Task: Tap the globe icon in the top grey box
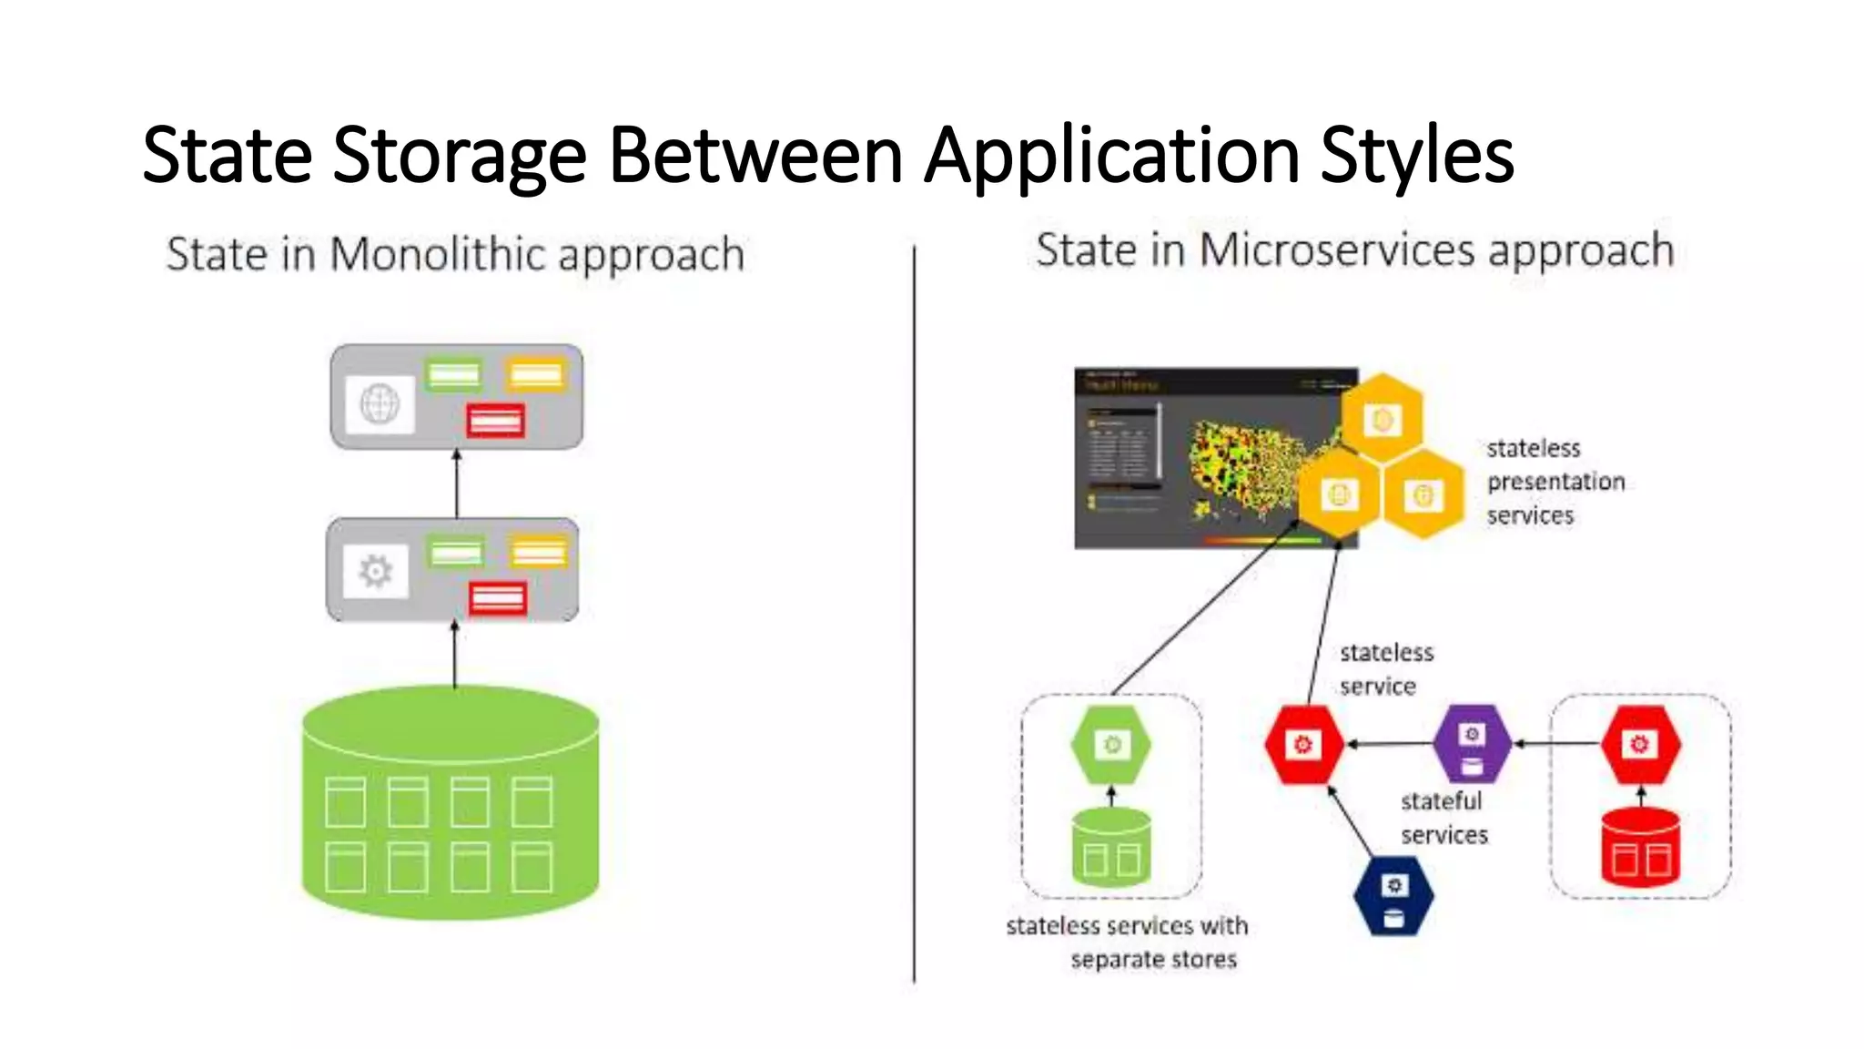coord(380,404)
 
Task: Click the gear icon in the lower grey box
coord(375,571)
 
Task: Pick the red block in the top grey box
coord(495,421)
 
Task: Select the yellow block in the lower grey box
coord(539,552)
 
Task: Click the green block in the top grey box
coord(453,375)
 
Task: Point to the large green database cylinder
coord(451,801)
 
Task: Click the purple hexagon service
coord(1472,745)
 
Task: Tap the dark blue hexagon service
coord(1393,896)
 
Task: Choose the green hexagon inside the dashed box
coord(1111,745)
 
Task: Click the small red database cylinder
coord(1640,847)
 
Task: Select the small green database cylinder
coord(1111,849)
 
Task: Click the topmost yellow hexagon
coord(1383,418)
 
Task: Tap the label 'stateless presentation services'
coord(1555,482)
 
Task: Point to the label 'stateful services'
coord(1444,818)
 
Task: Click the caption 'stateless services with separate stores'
coord(1129,942)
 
